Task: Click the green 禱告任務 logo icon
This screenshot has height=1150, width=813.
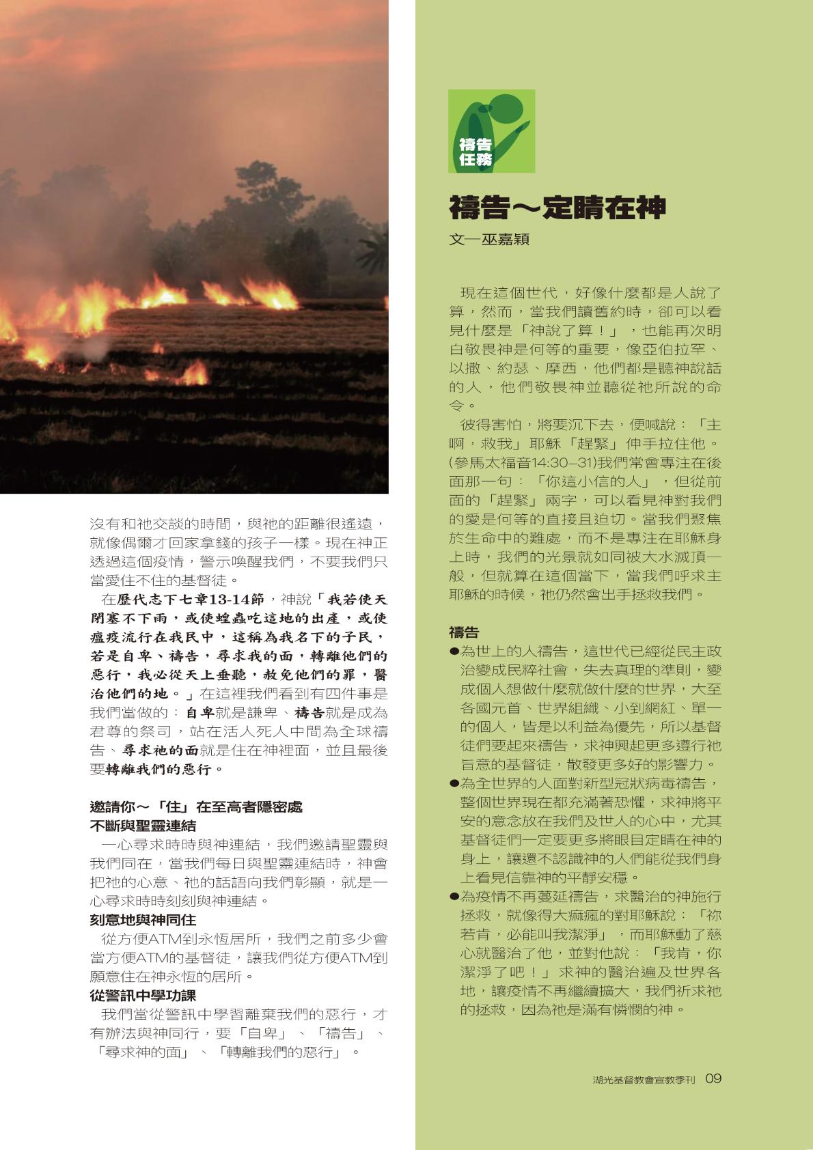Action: tap(491, 130)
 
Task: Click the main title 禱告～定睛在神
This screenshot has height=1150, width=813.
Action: tap(557, 208)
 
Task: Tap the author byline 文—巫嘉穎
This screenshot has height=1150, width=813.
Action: tap(488, 240)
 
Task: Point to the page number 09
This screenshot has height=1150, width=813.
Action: tap(713, 1078)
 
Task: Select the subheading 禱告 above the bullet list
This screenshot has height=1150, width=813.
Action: tap(464, 632)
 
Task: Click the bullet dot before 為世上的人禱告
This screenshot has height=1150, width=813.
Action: tap(454, 651)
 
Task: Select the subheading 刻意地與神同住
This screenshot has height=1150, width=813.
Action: tap(143, 920)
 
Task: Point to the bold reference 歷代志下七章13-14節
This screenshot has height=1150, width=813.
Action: tap(190, 600)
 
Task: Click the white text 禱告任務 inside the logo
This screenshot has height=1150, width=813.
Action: tap(476, 152)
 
